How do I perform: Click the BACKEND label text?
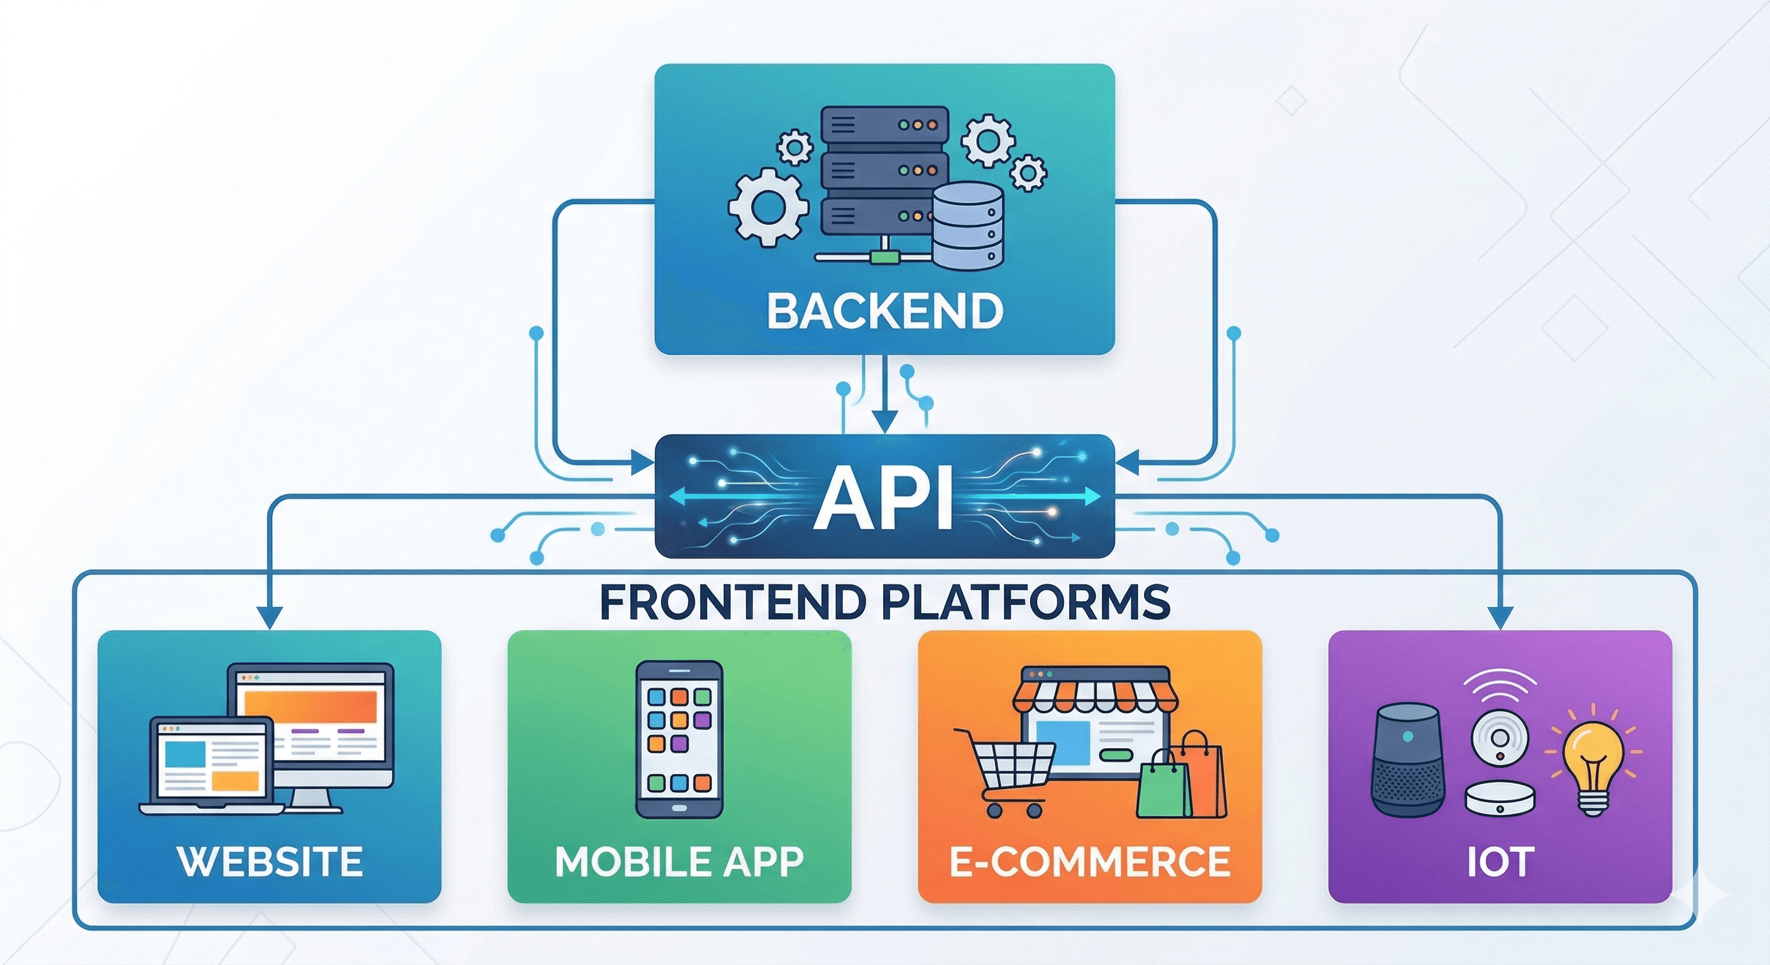pos(884,310)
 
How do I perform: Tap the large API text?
pos(884,496)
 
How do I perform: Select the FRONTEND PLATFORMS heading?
pos(884,602)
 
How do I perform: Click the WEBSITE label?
pos(270,861)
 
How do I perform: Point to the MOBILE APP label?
pos(679,861)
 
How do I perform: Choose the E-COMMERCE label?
pos(1090,861)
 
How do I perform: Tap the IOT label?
pos(1500,861)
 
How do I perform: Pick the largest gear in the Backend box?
pos(768,207)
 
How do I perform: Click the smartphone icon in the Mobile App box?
pos(679,739)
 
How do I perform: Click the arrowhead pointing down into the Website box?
pos(270,618)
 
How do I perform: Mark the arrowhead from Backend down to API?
pos(884,422)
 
